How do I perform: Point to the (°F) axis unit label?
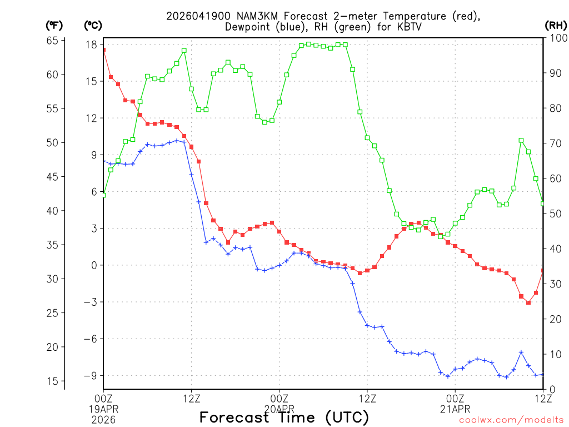pyautogui.click(x=54, y=25)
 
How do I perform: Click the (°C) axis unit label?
pyautogui.click(x=93, y=25)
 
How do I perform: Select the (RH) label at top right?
pyautogui.click(x=556, y=25)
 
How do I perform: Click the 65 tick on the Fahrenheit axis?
pyautogui.click(x=53, y=40)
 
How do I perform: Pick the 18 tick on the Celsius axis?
pyautogui.click(x=92, y=44)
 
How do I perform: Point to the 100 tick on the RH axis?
pyautogui.click(x=556, y=38)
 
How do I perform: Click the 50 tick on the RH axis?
pyautogui.click(x=553, y=213)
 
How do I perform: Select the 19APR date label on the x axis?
pyautogui.click(x=104, y=409)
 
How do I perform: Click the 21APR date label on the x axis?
pyautogui.click(x=455, y=409)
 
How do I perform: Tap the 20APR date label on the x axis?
pyautogui.click(x=279, y=409)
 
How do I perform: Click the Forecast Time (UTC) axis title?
pyautogui.click(x=284, y=417)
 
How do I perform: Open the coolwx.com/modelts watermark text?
pyautogui.click(x=511, y=420)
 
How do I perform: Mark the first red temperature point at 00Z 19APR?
pyautogui.click(x=104, y=50)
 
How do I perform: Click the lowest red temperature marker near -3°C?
pyautogui.click(x=528, y=302)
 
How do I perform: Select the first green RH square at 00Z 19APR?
pyautogui.click(x=104, y=195)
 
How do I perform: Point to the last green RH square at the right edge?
pyautogui.click(x=543, y=203)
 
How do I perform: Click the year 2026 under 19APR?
pyautogui.click(x=104, y=419)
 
